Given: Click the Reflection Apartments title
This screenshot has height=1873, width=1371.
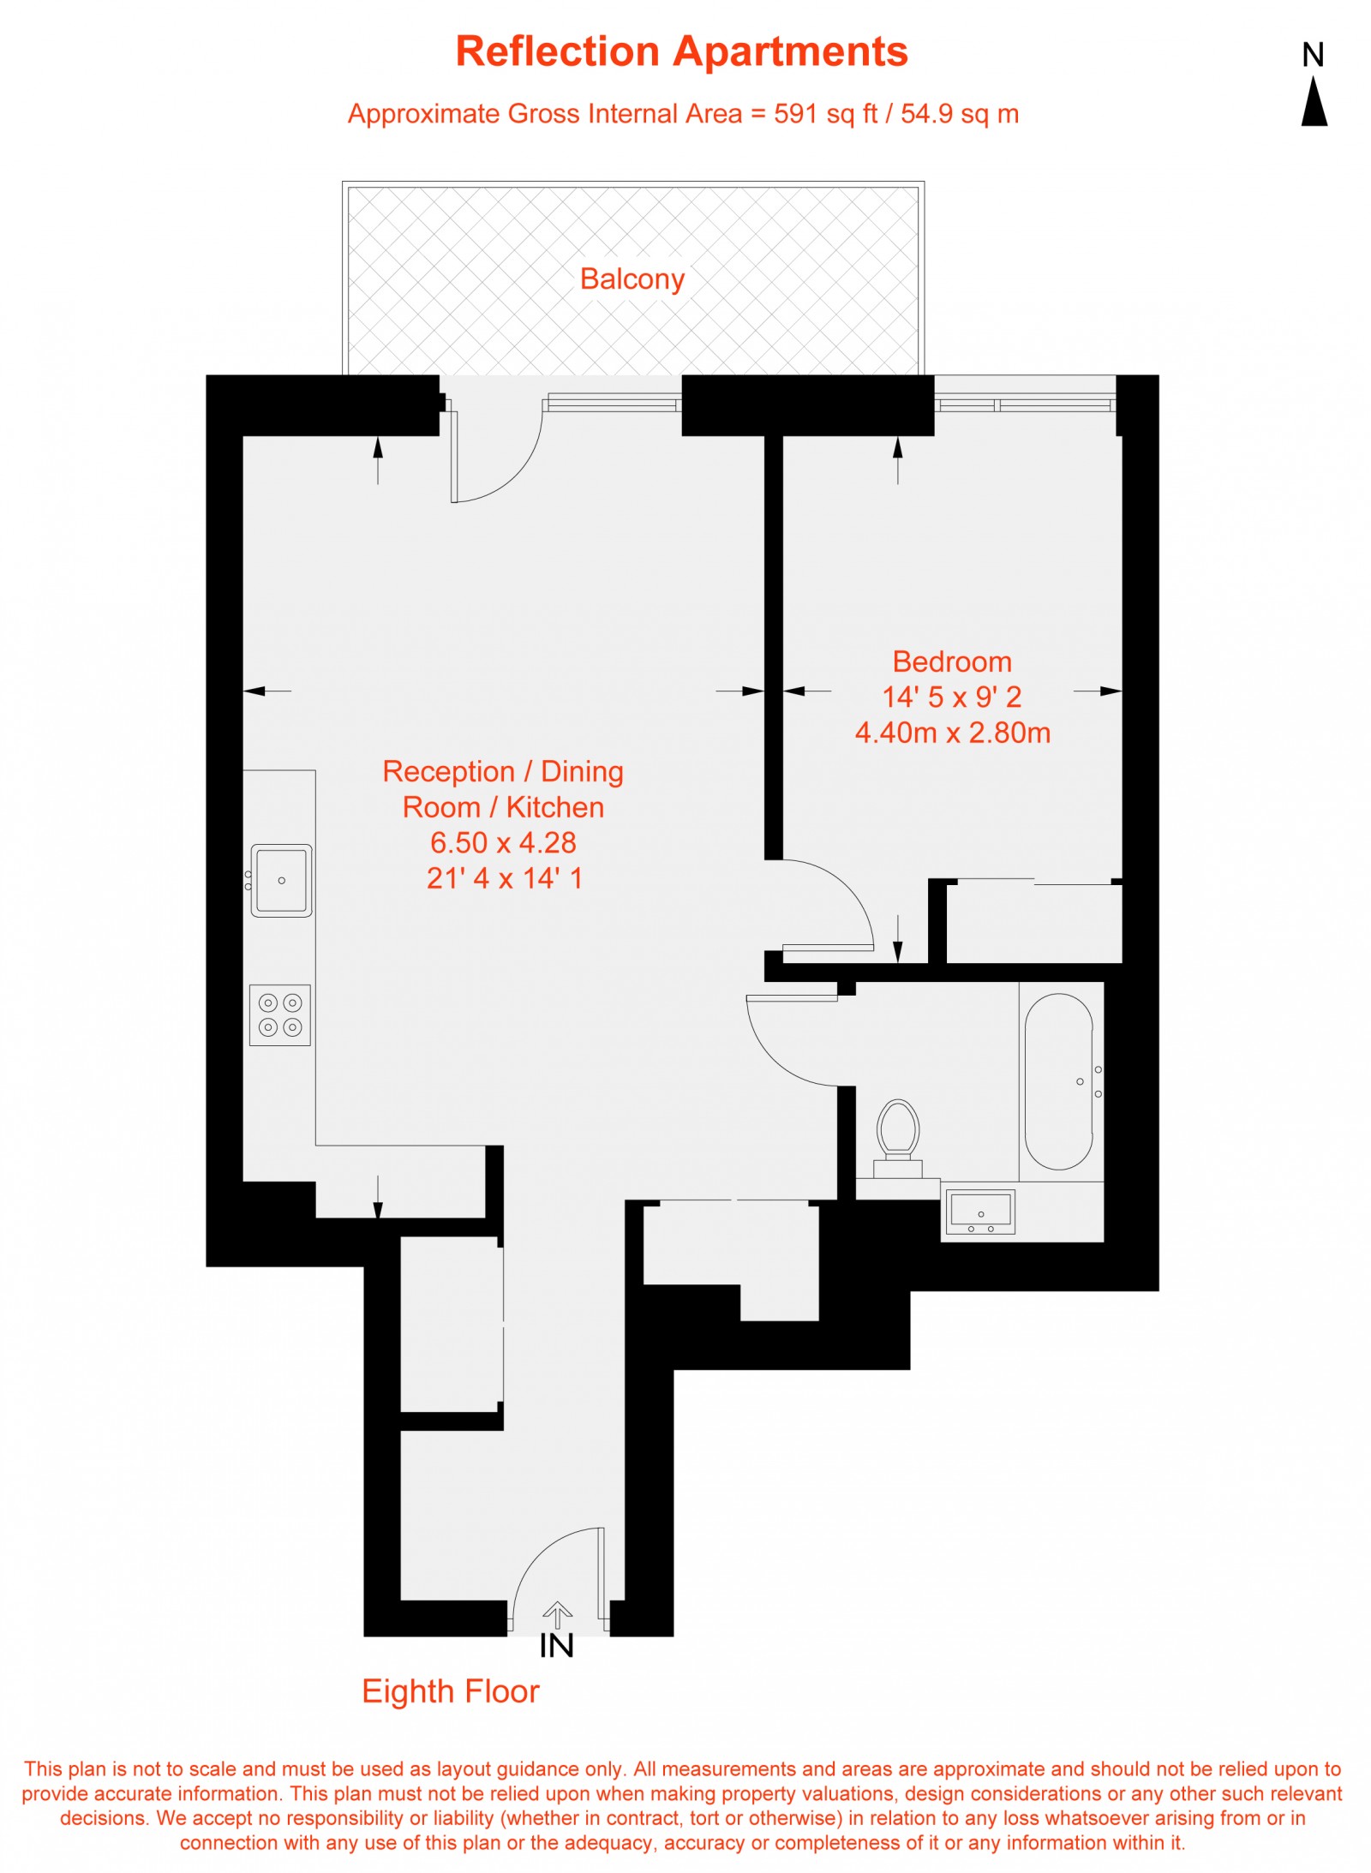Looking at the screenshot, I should (x=681, y=51).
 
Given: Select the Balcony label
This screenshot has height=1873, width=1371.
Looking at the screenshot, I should (x=632, y=279).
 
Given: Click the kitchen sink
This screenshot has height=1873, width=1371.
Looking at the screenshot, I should (x=281, y=880).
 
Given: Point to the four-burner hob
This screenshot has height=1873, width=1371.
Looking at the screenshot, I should (x=280, y=1014).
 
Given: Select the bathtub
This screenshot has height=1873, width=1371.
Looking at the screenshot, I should (x=1058, y=1080).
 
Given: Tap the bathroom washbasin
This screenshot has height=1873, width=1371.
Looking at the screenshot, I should (x=979, y=1212).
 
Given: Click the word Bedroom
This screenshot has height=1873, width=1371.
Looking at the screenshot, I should (x=951, y=661).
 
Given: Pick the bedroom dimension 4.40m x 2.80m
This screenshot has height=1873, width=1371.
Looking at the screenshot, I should (x=951, y=733).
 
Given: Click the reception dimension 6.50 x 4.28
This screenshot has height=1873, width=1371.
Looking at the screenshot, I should (x=503, y=842).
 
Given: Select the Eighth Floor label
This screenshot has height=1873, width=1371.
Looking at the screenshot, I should (x=450, y=1691).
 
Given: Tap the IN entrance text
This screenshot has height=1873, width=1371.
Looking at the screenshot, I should (x=556, y=1646).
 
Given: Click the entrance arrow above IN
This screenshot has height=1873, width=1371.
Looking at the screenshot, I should (x=557, y=1615).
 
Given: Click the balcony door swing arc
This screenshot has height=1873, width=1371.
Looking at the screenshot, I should (x=510, y=471).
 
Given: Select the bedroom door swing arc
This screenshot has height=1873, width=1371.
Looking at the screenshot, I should (x=844, y=891).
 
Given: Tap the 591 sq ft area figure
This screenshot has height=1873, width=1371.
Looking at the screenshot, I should (x=825, y=114).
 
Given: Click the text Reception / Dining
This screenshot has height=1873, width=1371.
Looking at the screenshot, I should (x=503, y=771).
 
